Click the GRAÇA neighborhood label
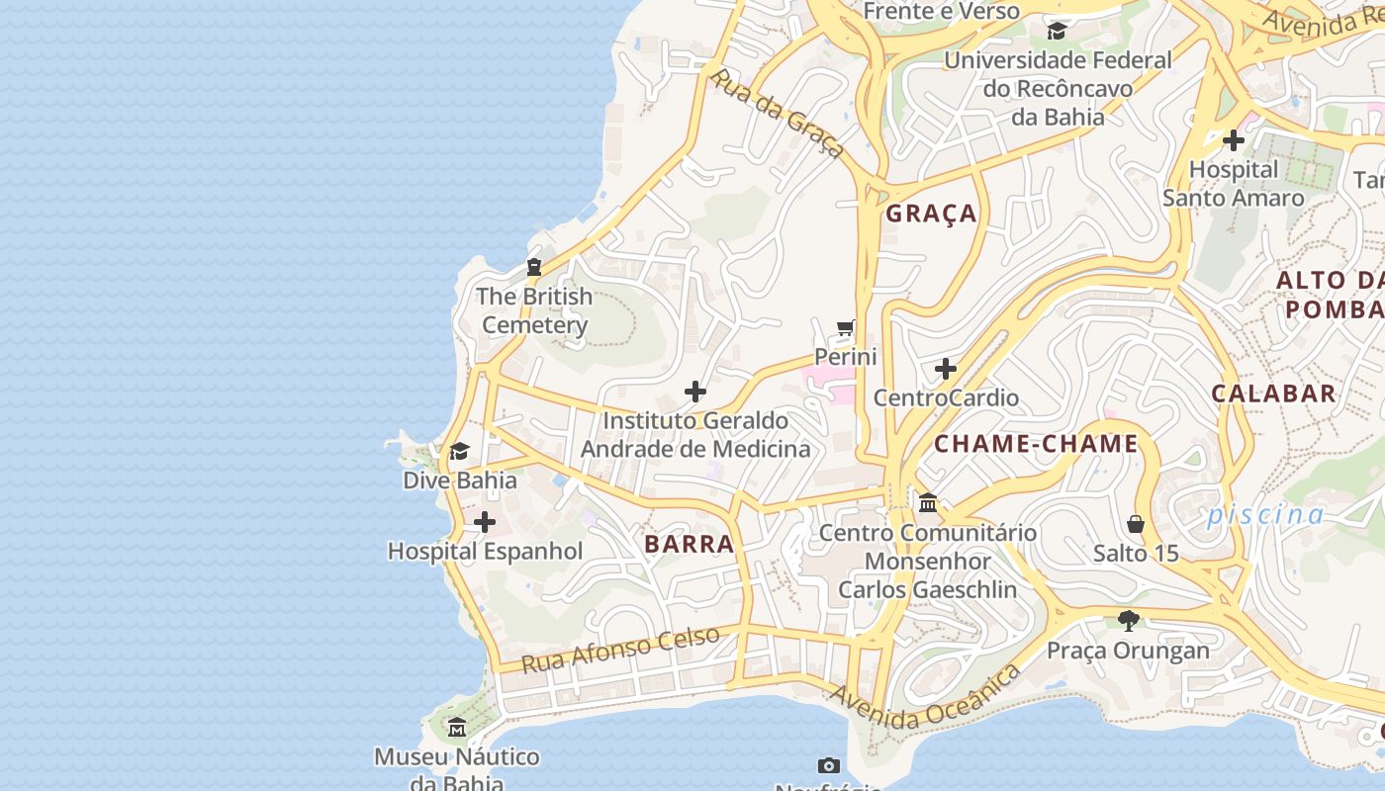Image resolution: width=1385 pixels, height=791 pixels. (931, 214)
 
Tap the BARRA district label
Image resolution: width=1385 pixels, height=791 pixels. (690, 544)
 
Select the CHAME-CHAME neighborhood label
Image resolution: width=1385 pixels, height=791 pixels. (1036, 444)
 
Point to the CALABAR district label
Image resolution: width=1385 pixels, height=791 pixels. (1273, 394)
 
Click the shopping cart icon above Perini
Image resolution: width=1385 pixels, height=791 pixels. (845, 328)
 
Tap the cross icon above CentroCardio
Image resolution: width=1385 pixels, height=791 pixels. (946, 370)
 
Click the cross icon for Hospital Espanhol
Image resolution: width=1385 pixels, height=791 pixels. (485, 522)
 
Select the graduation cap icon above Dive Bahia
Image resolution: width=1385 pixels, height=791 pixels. (459, 452)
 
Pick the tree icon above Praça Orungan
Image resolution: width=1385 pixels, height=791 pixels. (1128, 621)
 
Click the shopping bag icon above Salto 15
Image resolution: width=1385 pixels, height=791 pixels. (1136, 523)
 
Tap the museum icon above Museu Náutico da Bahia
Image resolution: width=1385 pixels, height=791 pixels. (456, 728)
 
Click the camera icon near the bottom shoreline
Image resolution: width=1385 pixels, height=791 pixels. (829, 765)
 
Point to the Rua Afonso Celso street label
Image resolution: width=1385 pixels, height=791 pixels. (620, 650)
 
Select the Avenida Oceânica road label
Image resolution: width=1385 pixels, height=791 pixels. (925, 700)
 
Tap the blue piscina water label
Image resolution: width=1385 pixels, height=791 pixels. (1264, 515)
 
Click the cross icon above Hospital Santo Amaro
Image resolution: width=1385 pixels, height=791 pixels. (1233, 140)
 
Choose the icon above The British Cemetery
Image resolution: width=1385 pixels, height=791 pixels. (534, 267)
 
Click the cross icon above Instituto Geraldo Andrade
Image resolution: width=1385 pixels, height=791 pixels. (695, 392)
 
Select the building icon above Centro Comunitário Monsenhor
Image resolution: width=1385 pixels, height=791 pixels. (928, 503)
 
